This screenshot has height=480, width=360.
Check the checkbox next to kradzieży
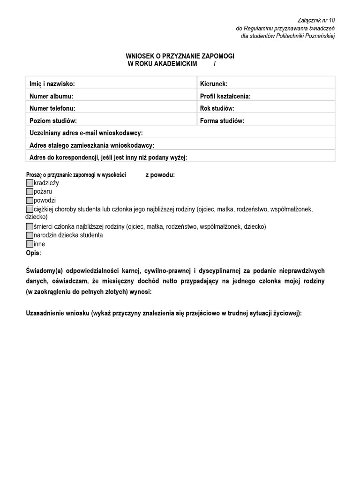(x=30, y=183)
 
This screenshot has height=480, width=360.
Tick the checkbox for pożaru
(x=30, y=192)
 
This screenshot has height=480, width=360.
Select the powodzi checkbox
(x=30, y=200)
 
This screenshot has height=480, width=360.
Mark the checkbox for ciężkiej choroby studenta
(x=30, y=209)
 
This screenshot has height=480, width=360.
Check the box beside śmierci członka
(x=30, y=226)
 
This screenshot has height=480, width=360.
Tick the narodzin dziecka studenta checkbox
(x=30, y=235)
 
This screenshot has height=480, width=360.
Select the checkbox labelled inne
(x=30, y=244)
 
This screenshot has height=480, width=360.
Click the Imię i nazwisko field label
(x=52, y=84)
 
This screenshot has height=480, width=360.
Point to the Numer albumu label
(x=51, y=96)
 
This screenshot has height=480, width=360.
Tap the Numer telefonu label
(x=52, y=108)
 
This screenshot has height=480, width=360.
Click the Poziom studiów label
(x=52, y=120)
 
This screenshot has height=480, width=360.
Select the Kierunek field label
(x=214, y=84)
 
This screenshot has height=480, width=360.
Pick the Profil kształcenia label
(x=225, y=96)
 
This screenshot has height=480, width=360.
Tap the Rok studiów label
(x=217, y=108)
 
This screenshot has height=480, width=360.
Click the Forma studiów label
(x=222, y=120)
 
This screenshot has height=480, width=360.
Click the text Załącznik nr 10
(x=316, y=20)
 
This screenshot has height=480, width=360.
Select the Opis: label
(x=33, y=253)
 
